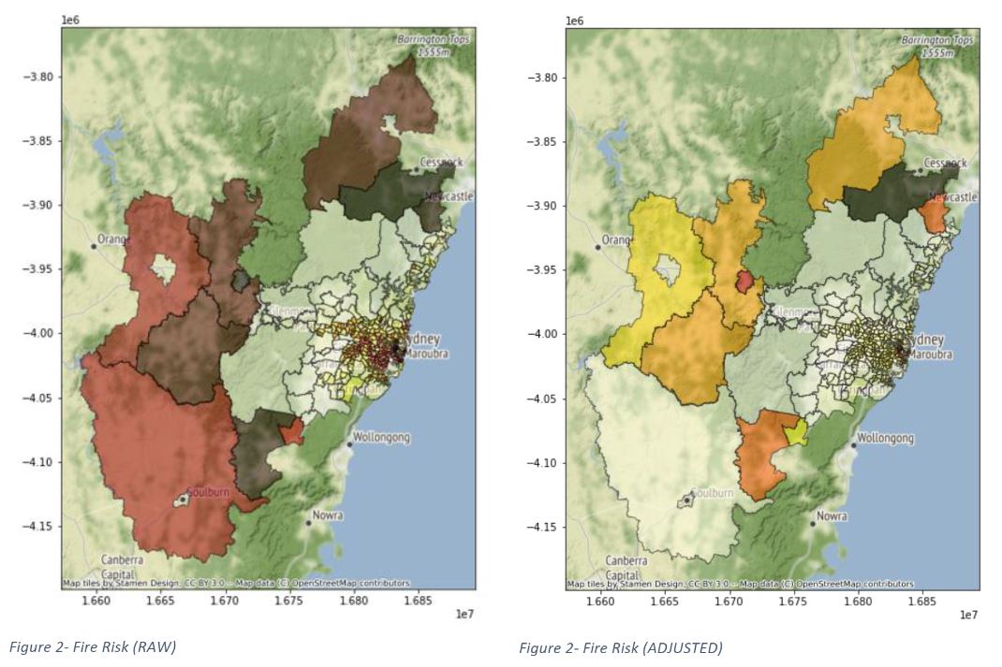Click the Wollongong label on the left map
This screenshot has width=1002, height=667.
[381, 437]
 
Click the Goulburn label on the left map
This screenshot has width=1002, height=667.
[206, 491]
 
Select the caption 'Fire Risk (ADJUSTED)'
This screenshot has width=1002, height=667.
[620, 647]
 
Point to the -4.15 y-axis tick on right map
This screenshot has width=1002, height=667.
[542, 527]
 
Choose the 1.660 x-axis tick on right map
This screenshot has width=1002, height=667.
[600, 602]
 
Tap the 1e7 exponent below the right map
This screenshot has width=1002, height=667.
[968, 615]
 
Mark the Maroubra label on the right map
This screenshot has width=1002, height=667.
[926, 355]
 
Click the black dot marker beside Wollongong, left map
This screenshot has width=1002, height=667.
[349, 445]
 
